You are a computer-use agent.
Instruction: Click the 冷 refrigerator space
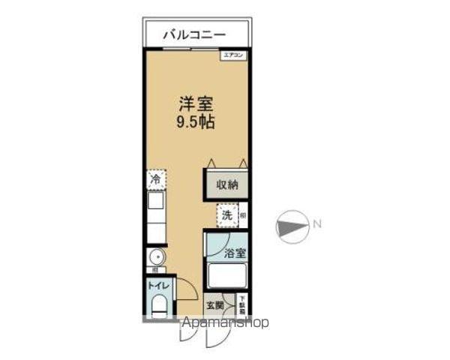pyautogui.click(x=156, y=180)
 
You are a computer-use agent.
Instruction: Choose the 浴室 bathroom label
pyautogui.click(x=235, y=253)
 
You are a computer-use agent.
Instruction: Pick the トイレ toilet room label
pyautogui.click(x=157, y=285)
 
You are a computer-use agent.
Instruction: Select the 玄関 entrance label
pyautogui.click(x=215, y=305)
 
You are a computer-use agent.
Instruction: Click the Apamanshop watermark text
pyautogui.click(x=225, y=323)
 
